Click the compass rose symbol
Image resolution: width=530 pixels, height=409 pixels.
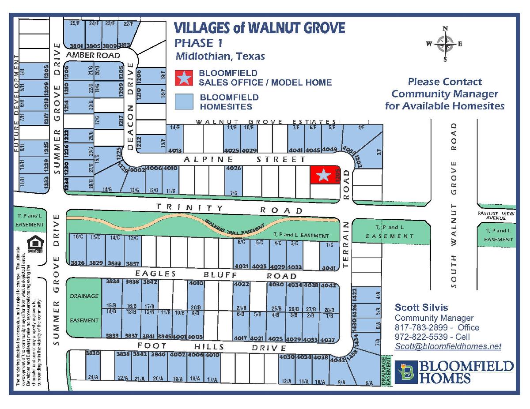[x=445, y=44]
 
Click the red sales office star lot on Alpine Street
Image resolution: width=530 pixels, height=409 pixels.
[x=324, y=175]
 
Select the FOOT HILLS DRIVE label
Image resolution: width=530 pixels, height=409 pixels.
[x=211, y=347]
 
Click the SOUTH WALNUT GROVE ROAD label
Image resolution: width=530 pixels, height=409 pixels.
[x=454, y=205]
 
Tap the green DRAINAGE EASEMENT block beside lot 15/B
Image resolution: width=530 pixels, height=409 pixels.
[x=84, y=308]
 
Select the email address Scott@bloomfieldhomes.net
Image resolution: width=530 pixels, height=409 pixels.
[x=448, y=346]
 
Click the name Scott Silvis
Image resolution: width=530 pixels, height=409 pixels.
[x=421, y=308]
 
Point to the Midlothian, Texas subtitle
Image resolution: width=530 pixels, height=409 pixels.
[x=220, y=56]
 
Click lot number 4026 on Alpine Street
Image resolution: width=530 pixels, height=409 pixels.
[x=233, y=168]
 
